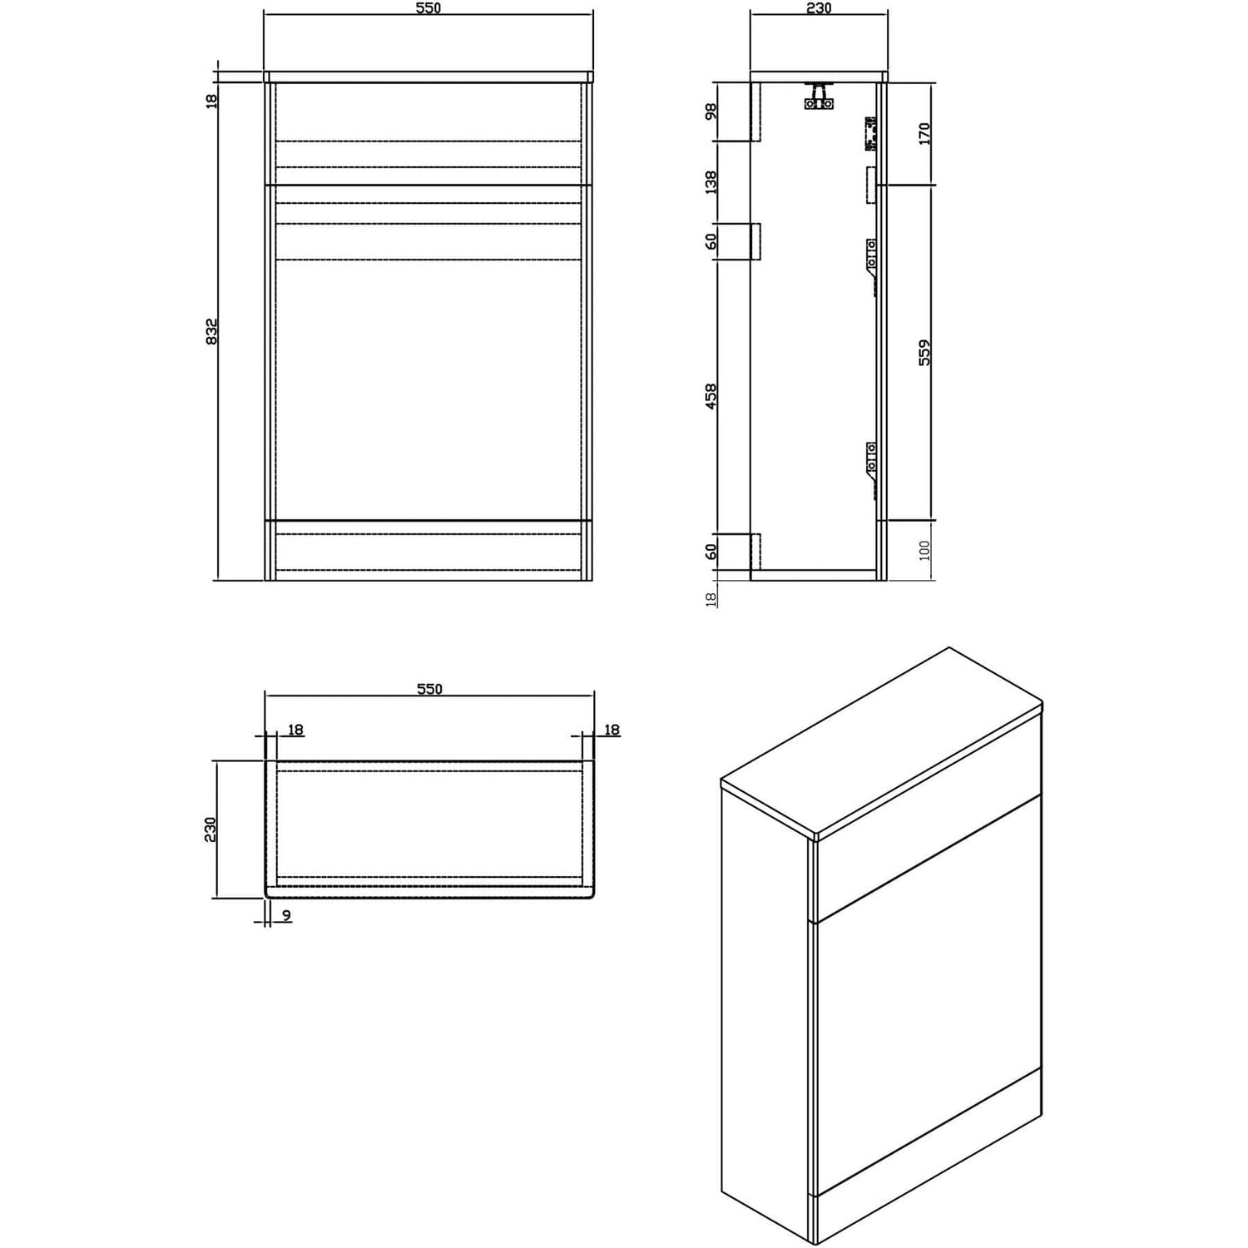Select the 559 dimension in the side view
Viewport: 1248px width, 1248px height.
924,352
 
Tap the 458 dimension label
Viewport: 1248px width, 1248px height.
711,397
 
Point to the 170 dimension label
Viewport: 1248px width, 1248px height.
924,133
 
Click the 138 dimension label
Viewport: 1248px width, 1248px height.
711,182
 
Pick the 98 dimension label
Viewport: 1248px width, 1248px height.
711,111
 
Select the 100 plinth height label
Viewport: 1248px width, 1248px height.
924,550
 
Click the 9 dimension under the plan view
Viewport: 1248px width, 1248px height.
286,916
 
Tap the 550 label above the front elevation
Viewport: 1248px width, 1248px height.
428,8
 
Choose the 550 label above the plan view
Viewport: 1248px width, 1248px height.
428,689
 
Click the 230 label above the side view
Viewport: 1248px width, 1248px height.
819,8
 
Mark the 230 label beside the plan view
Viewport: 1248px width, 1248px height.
210,830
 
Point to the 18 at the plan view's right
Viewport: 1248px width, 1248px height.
612,730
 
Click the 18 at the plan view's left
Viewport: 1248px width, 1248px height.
295,730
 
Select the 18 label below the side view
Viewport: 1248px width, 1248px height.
711,599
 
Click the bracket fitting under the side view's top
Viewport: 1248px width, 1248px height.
818,96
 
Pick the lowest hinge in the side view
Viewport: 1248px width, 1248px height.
869,470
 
